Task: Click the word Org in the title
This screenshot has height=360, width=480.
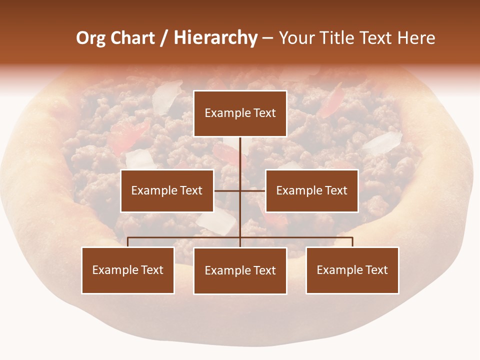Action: click(x=90, y=38)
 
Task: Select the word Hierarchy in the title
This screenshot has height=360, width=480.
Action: click(x=215, y=38)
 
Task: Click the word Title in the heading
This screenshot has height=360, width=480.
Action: click(x=340, y=38)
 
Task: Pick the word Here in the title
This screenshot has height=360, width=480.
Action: click(x=416, y=38)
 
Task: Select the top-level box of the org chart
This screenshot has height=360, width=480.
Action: click(x=240, y=113)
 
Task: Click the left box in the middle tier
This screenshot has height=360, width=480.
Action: click(x=167, y=190)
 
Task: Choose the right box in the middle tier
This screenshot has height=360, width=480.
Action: click(x=312, y=190)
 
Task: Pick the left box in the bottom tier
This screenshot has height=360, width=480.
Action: click(x=128, y=270)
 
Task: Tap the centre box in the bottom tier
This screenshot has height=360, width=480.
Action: click(x=240, y=271)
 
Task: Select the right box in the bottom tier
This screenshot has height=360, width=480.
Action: click(x=352, y=270)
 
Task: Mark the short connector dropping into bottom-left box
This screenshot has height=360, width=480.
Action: click(x=128, y=242)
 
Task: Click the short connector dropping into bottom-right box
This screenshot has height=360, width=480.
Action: click(x=352, y=242)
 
